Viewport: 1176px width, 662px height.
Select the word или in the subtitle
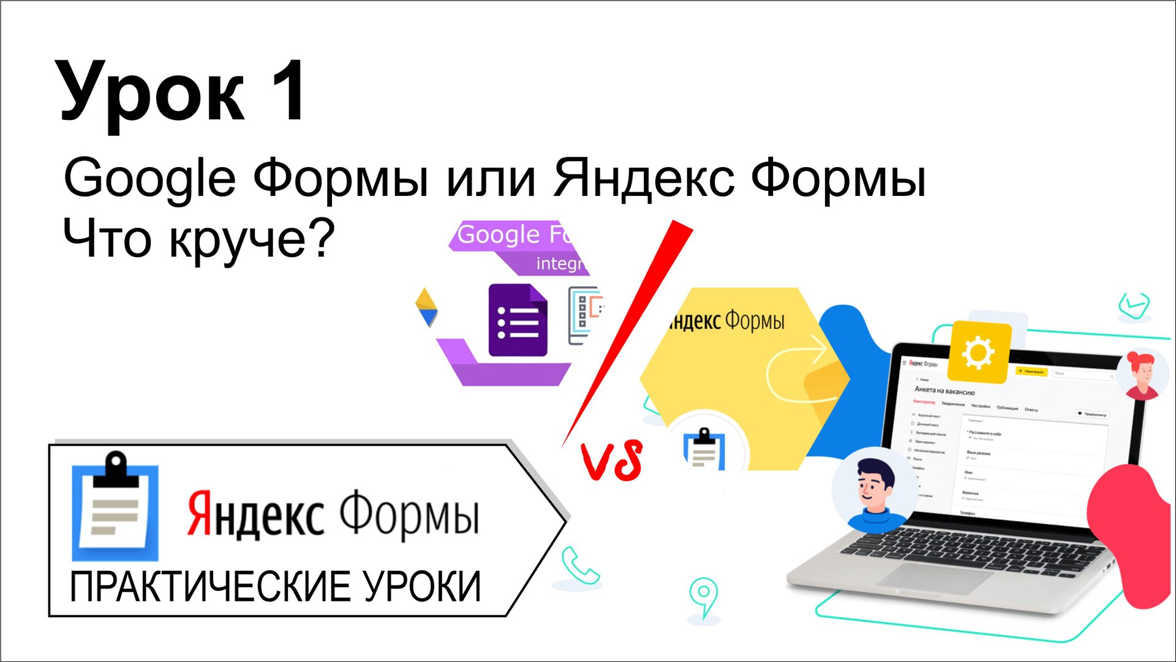tap(490, 178)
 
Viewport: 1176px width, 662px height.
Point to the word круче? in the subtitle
tap(252, 240)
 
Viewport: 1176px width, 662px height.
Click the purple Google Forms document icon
tap(518, 320)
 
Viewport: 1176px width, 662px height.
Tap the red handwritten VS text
tap(612, 461)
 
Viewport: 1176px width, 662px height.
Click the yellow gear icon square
tap(978, 352)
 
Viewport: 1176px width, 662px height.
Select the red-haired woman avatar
tap(1142, 374)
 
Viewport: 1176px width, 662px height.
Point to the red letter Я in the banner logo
tap(198, 513)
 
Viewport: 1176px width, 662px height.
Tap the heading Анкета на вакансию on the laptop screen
tap(944, 390)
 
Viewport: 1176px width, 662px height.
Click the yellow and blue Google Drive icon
tap(427, 307)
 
